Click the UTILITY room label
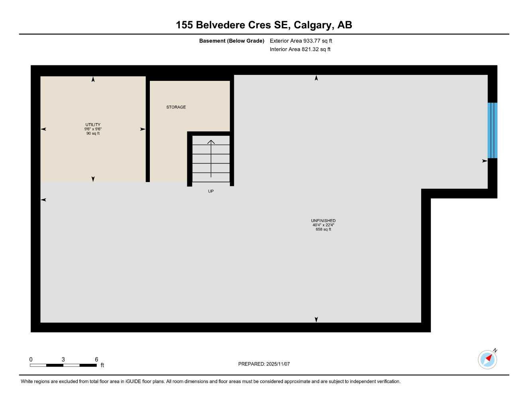[x=93, y=125]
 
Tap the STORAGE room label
[x=176, y=107]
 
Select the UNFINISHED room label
[x=323, y=221]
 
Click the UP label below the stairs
[x=211, y=191]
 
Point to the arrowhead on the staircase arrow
[x=211, y=141]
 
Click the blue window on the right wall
[x=493, y=131]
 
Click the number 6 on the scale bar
[x=96, y=359]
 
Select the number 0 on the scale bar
[x=31, y=359]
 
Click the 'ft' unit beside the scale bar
[x=102, y=365]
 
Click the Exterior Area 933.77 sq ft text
[x=301, y=41]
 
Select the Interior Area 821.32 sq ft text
[x=300, y=49]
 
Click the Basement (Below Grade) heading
[x=232, y=41]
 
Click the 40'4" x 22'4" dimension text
[x=323, y=225]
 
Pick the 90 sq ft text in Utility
[x=93, y=133]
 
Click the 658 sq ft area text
[x=323, y=229]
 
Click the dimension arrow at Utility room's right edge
[x=142, y=129]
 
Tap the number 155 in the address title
[x=185, y=25]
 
